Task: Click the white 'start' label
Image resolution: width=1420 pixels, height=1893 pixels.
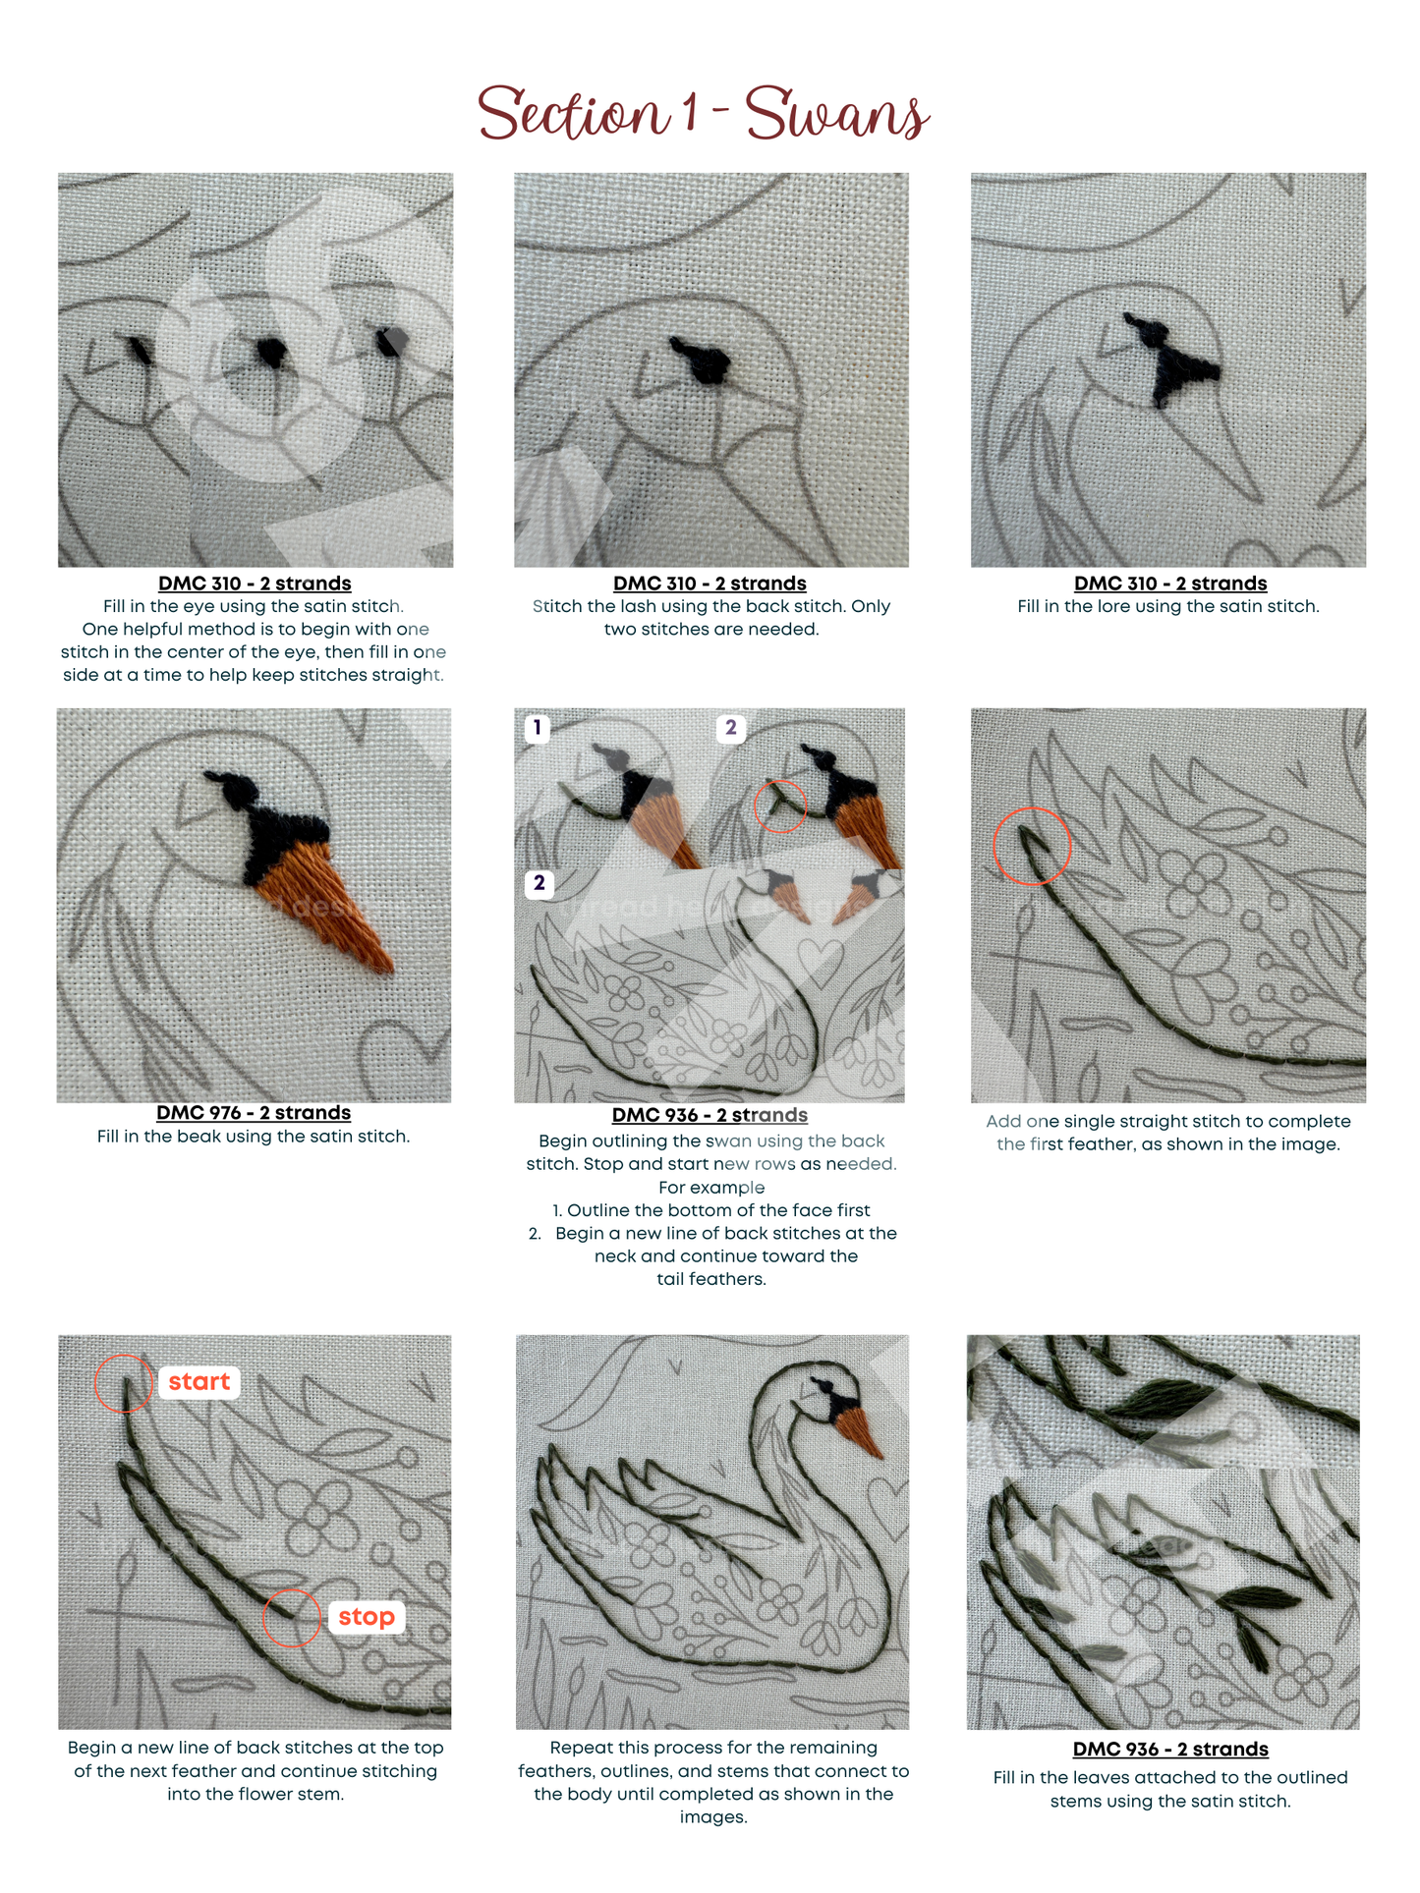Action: pos(199,1381)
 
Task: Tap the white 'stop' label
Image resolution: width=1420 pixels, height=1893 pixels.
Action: pos(366,1616)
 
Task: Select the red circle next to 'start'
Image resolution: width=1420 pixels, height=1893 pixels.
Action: pos(124,1383)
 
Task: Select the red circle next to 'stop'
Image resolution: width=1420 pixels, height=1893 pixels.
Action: pos(292,1617)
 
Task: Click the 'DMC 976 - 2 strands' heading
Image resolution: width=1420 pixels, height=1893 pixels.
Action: pos(254,1112)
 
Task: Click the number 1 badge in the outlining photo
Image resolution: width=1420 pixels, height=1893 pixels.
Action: pos(537,728)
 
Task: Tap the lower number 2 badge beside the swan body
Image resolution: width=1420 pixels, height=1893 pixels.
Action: pos(539,882)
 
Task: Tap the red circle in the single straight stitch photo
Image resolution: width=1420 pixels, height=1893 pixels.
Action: pos(1032,846)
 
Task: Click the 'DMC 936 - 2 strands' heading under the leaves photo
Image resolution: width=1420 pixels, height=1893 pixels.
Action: pos(1169,1749)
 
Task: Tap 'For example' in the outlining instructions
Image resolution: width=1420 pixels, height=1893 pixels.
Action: pos(710,1187)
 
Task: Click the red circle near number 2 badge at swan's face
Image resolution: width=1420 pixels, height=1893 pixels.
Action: pos(779,807)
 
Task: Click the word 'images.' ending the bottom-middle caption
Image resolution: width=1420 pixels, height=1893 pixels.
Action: pos(712,1816)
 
